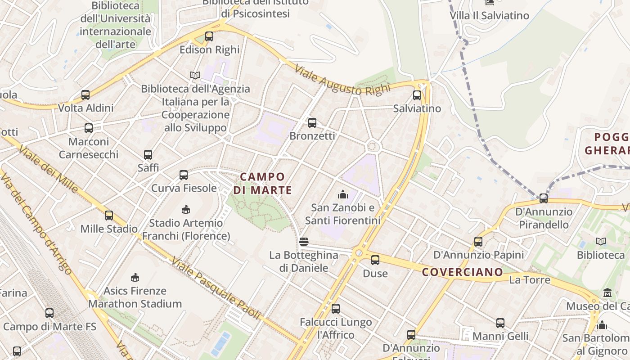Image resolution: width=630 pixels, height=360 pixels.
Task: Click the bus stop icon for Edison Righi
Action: click(x=209, y=36)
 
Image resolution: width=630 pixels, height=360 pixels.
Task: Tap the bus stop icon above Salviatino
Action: click(x=417, y=95)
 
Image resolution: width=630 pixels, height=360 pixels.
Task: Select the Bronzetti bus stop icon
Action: click(x=312, y=122)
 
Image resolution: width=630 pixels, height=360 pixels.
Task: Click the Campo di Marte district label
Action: click(x=262, y=183)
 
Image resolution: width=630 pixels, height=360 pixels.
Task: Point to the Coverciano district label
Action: click(x=462, y=272)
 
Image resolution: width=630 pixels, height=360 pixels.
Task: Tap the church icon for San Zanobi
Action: click(x=343, y=194)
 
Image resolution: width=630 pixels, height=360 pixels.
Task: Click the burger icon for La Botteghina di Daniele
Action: click(x=304, y=242)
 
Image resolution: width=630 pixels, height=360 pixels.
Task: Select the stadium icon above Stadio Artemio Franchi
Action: click(x=185, y=209)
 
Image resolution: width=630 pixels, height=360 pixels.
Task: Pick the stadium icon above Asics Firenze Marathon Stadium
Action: click(x=135, y=277)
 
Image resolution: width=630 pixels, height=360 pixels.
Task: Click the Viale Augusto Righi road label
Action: click(x=342, y=80)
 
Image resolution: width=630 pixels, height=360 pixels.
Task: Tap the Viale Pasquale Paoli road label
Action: click(x=216, y=288)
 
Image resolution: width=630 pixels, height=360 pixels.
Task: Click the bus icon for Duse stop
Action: click(x=375, y=260)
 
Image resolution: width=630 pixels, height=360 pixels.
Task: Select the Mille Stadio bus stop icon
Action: click(x=109, y=216)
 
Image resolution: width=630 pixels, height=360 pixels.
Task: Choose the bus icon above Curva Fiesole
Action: click(x=183, y=175)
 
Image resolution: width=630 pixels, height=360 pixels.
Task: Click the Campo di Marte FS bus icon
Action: click(x=49, y=313)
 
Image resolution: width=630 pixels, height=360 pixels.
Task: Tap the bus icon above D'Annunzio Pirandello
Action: click(x=544, y=198)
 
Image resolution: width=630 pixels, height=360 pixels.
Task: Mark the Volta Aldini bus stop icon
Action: click(x=85, y=95)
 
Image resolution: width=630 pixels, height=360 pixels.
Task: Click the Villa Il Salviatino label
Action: click(x=489, y=15)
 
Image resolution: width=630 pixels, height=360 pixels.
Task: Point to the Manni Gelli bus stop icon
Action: click(x=500, y=323)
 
